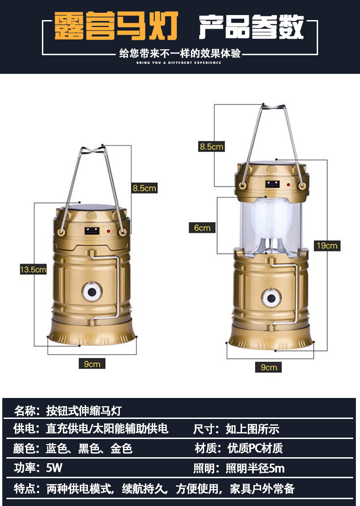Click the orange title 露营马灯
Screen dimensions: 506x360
tap(116, 26)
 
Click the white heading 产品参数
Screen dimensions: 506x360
tap(251, 27)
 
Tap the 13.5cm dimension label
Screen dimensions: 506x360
tap(33, 269)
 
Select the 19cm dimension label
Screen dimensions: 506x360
tap(327, 246)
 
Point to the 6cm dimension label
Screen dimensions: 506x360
tap(202, 227)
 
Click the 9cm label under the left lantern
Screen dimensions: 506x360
tap(92, 363)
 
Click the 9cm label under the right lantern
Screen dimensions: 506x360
tap(268, 367)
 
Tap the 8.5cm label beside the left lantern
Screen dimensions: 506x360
tap(144, 187)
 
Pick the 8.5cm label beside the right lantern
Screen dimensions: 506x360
tap(211, 146)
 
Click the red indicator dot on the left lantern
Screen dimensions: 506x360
tap(108, 232)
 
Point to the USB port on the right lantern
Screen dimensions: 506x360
tap(273, 185)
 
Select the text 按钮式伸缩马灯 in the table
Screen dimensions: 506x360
tap(84, 410)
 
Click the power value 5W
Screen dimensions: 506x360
tap(54, 468)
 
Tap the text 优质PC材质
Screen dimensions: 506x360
tap(255, 448)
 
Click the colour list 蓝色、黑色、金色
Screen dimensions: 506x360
tap(89, 449)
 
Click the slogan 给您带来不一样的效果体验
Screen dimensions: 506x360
tap(180, 54)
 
